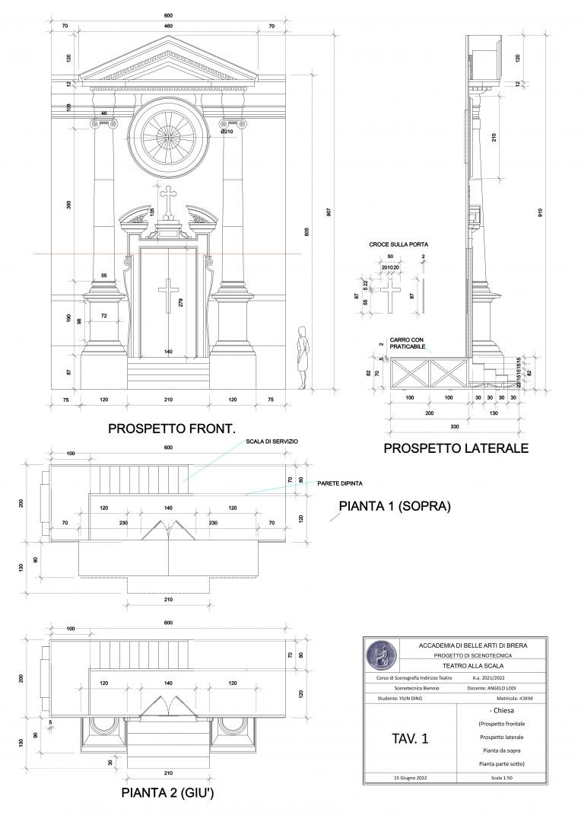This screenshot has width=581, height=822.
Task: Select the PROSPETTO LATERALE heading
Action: (456, 448)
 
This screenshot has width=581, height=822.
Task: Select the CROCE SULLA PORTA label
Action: (398, 244)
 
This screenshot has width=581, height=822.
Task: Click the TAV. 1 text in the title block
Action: (410, 738)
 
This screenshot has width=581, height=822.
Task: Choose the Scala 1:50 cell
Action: (502, 777)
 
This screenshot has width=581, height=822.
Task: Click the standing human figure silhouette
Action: (303, 356)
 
